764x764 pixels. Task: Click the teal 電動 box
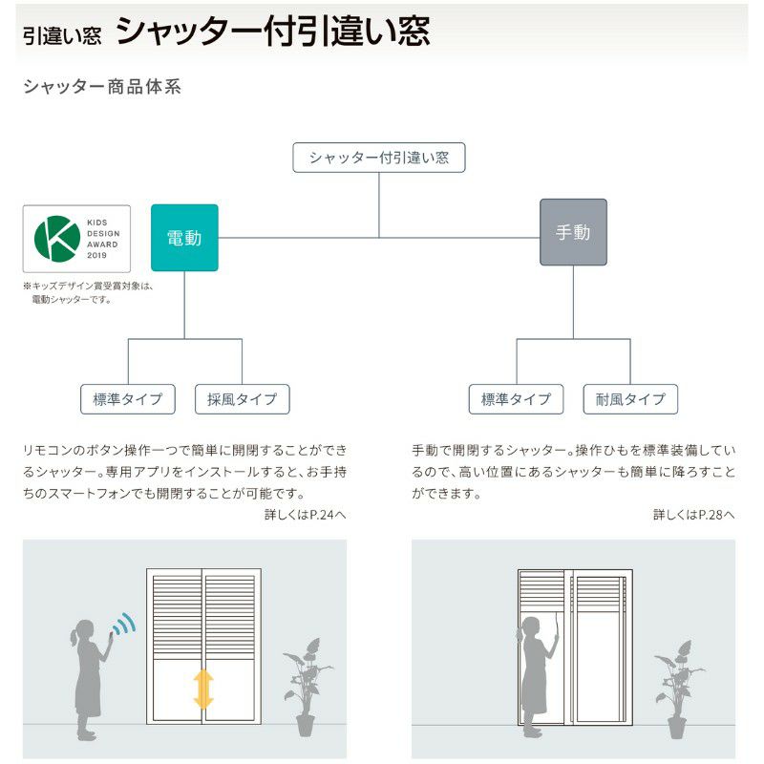[184, 238]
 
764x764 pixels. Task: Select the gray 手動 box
[573, 232]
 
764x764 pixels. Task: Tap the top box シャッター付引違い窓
[378, 158]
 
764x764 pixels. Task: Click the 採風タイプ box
[242, 399]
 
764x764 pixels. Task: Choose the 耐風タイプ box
[630, 399]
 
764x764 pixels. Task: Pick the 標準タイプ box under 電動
[128, 399]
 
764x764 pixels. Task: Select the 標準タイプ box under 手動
[517, 399]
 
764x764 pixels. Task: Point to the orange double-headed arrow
[203, 689]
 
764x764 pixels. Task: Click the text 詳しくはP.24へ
[306, 515]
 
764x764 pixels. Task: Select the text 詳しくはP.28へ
[694, 515]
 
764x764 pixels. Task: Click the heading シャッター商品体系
[101, 87]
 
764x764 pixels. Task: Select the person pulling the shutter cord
[530, 668]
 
